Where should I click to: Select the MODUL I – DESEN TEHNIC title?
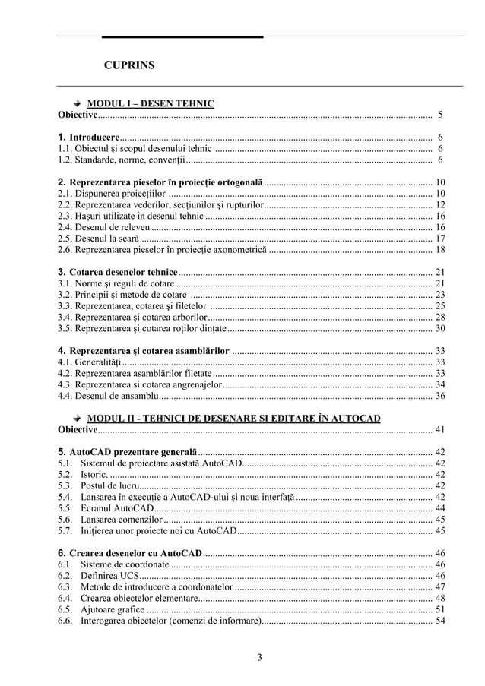tap(151, 103)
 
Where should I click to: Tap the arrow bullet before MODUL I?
tap(77, 103)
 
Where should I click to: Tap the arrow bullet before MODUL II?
tap(77, 418)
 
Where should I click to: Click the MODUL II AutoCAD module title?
tap(234, 418)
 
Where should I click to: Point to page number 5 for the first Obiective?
tap(440, 115)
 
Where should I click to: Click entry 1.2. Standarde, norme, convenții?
tap(122, 160)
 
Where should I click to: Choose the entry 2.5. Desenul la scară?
tap(97, 239)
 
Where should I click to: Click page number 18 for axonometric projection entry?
tap(439, 250)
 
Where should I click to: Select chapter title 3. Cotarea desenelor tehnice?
tap(118, 272)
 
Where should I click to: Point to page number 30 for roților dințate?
tap(439, 329)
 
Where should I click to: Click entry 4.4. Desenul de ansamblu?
tap(108, 396)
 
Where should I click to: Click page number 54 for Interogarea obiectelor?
tap(439, 621)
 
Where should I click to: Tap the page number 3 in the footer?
tap(259, 658)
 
